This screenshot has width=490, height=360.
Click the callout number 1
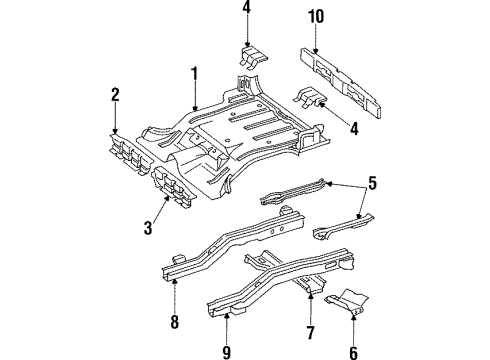pyautogui.click(x=195, y=74)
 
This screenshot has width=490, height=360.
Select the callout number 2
pyautogui.click(x=115, y=95)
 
